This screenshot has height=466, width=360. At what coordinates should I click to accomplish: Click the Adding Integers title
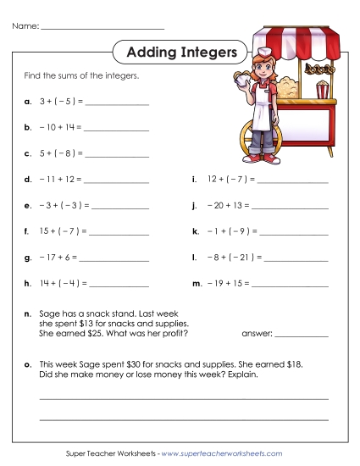pos(180,53)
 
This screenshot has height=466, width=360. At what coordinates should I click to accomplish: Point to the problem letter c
pos(29,153)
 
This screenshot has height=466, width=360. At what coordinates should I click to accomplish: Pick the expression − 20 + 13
pos(226,205)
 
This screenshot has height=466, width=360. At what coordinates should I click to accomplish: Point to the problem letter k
pos(196,230)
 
